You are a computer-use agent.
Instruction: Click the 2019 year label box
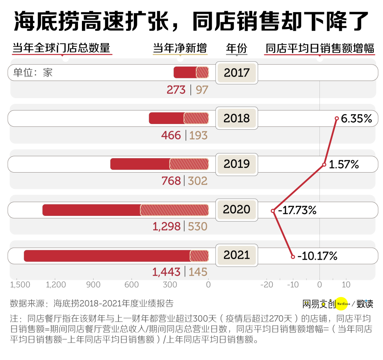tap(237, 164)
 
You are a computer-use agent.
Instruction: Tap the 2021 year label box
tap(237, 255)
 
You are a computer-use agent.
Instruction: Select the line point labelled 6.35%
tap(337, 118)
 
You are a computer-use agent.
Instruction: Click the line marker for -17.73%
tap(273, 211)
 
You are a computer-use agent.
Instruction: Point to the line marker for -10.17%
tap(293, 257)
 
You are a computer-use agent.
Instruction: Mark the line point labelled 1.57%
tap(324, 164)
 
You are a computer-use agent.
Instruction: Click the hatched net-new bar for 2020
tap(174, 210)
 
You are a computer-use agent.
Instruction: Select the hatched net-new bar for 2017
tap(202, 72)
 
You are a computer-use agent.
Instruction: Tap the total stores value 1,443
tap(166, 272)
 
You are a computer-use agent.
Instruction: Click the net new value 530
tap(198, 226)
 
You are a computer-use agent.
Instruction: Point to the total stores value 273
tap(176, 90)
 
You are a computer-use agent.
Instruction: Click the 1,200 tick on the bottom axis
tap(56, 285)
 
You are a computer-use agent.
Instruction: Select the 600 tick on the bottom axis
tap(132, 285)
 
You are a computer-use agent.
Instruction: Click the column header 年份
tap(237, 48)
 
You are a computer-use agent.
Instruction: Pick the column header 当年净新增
tap(180, 48)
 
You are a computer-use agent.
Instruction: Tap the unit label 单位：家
tap(33, 73)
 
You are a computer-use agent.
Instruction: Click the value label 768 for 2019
tap(171, 181)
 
